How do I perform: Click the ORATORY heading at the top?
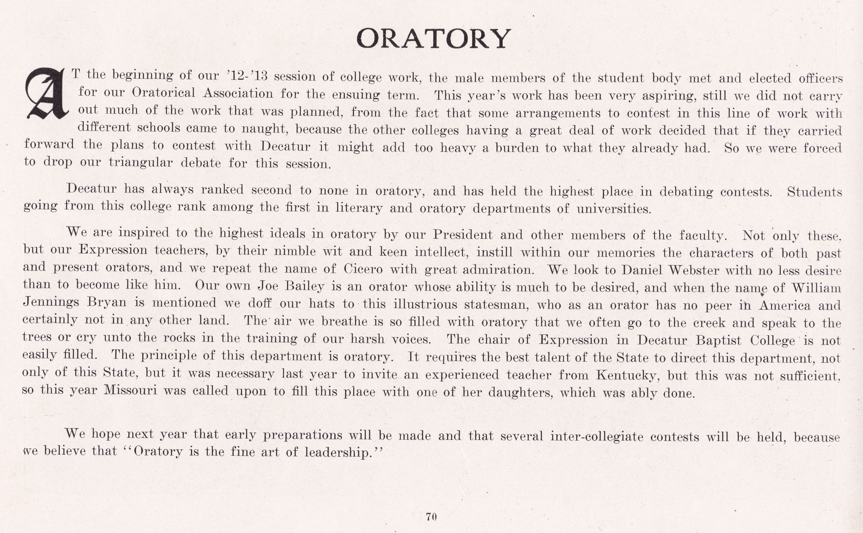434,39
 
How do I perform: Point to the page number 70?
431,516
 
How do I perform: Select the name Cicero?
363,269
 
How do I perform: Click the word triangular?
141,163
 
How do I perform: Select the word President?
463,234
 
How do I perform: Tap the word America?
785,305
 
